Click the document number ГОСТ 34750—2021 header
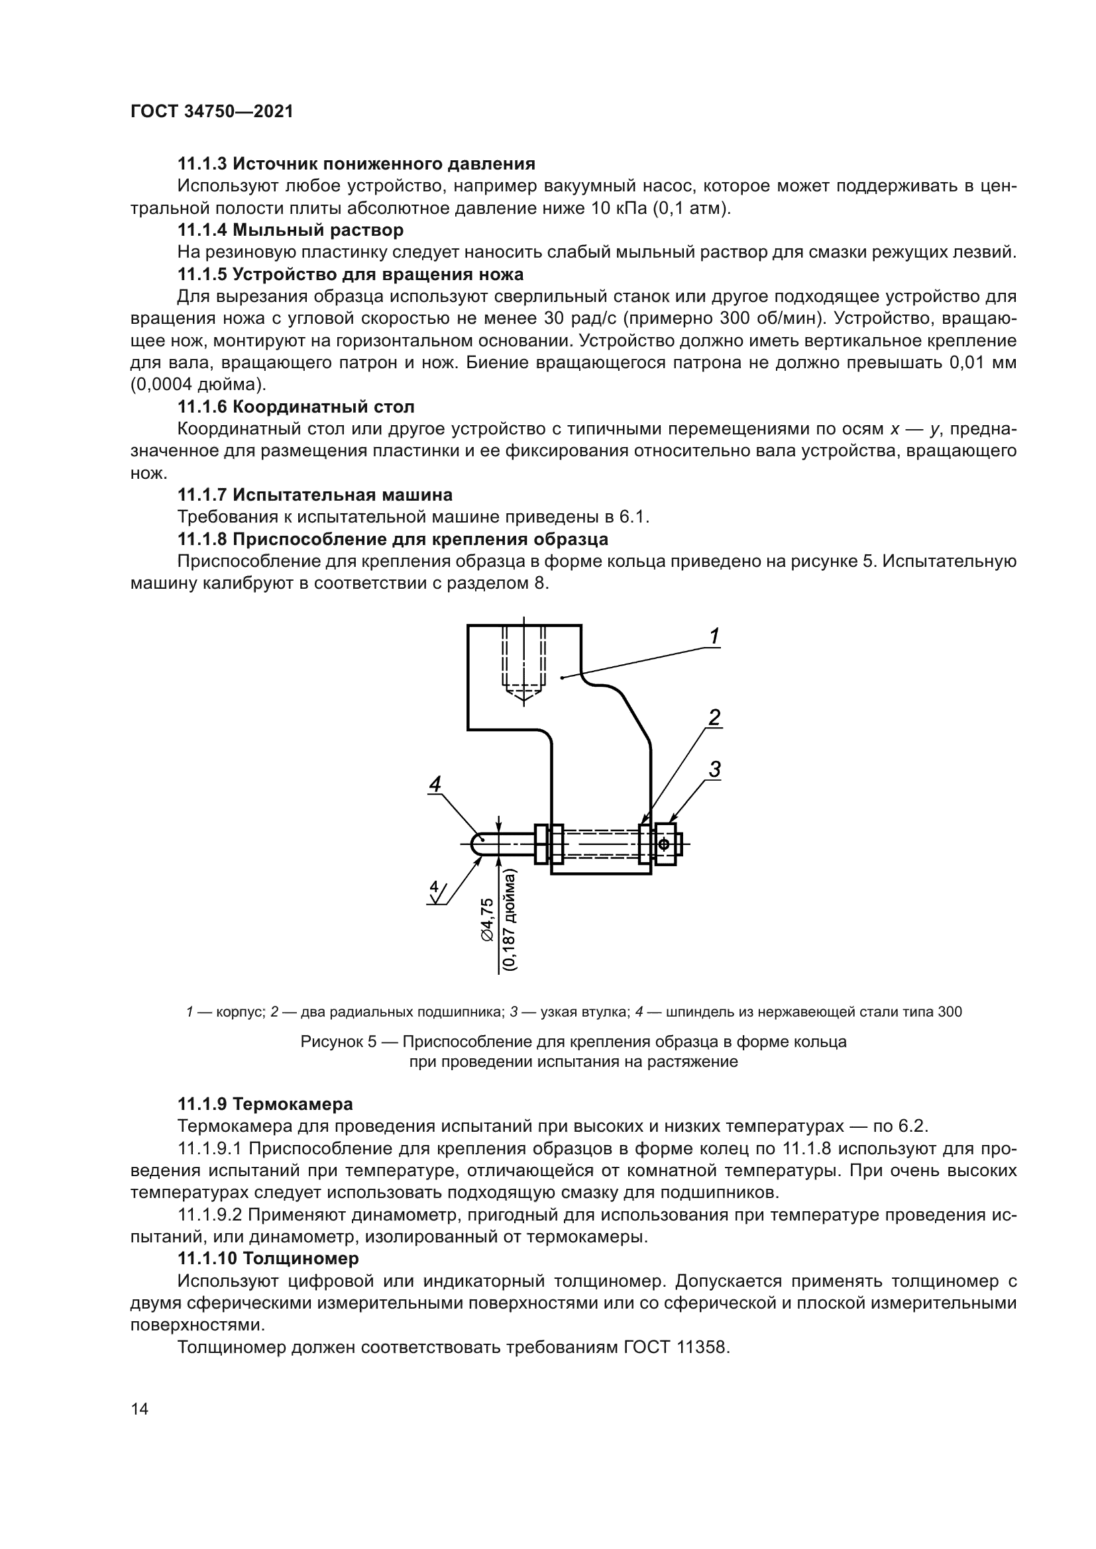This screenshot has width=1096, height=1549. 212,112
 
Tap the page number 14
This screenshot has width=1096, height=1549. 140,1409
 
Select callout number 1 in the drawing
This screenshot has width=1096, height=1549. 714,636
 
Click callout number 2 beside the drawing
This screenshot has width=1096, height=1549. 714,717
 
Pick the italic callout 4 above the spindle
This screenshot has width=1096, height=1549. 435,784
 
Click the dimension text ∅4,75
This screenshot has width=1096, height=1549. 487,920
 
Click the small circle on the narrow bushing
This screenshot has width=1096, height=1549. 664,844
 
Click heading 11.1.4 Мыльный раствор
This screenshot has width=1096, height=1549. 290,230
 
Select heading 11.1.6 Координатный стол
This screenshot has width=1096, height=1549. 296,407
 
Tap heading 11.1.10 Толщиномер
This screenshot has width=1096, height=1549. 268,1258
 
